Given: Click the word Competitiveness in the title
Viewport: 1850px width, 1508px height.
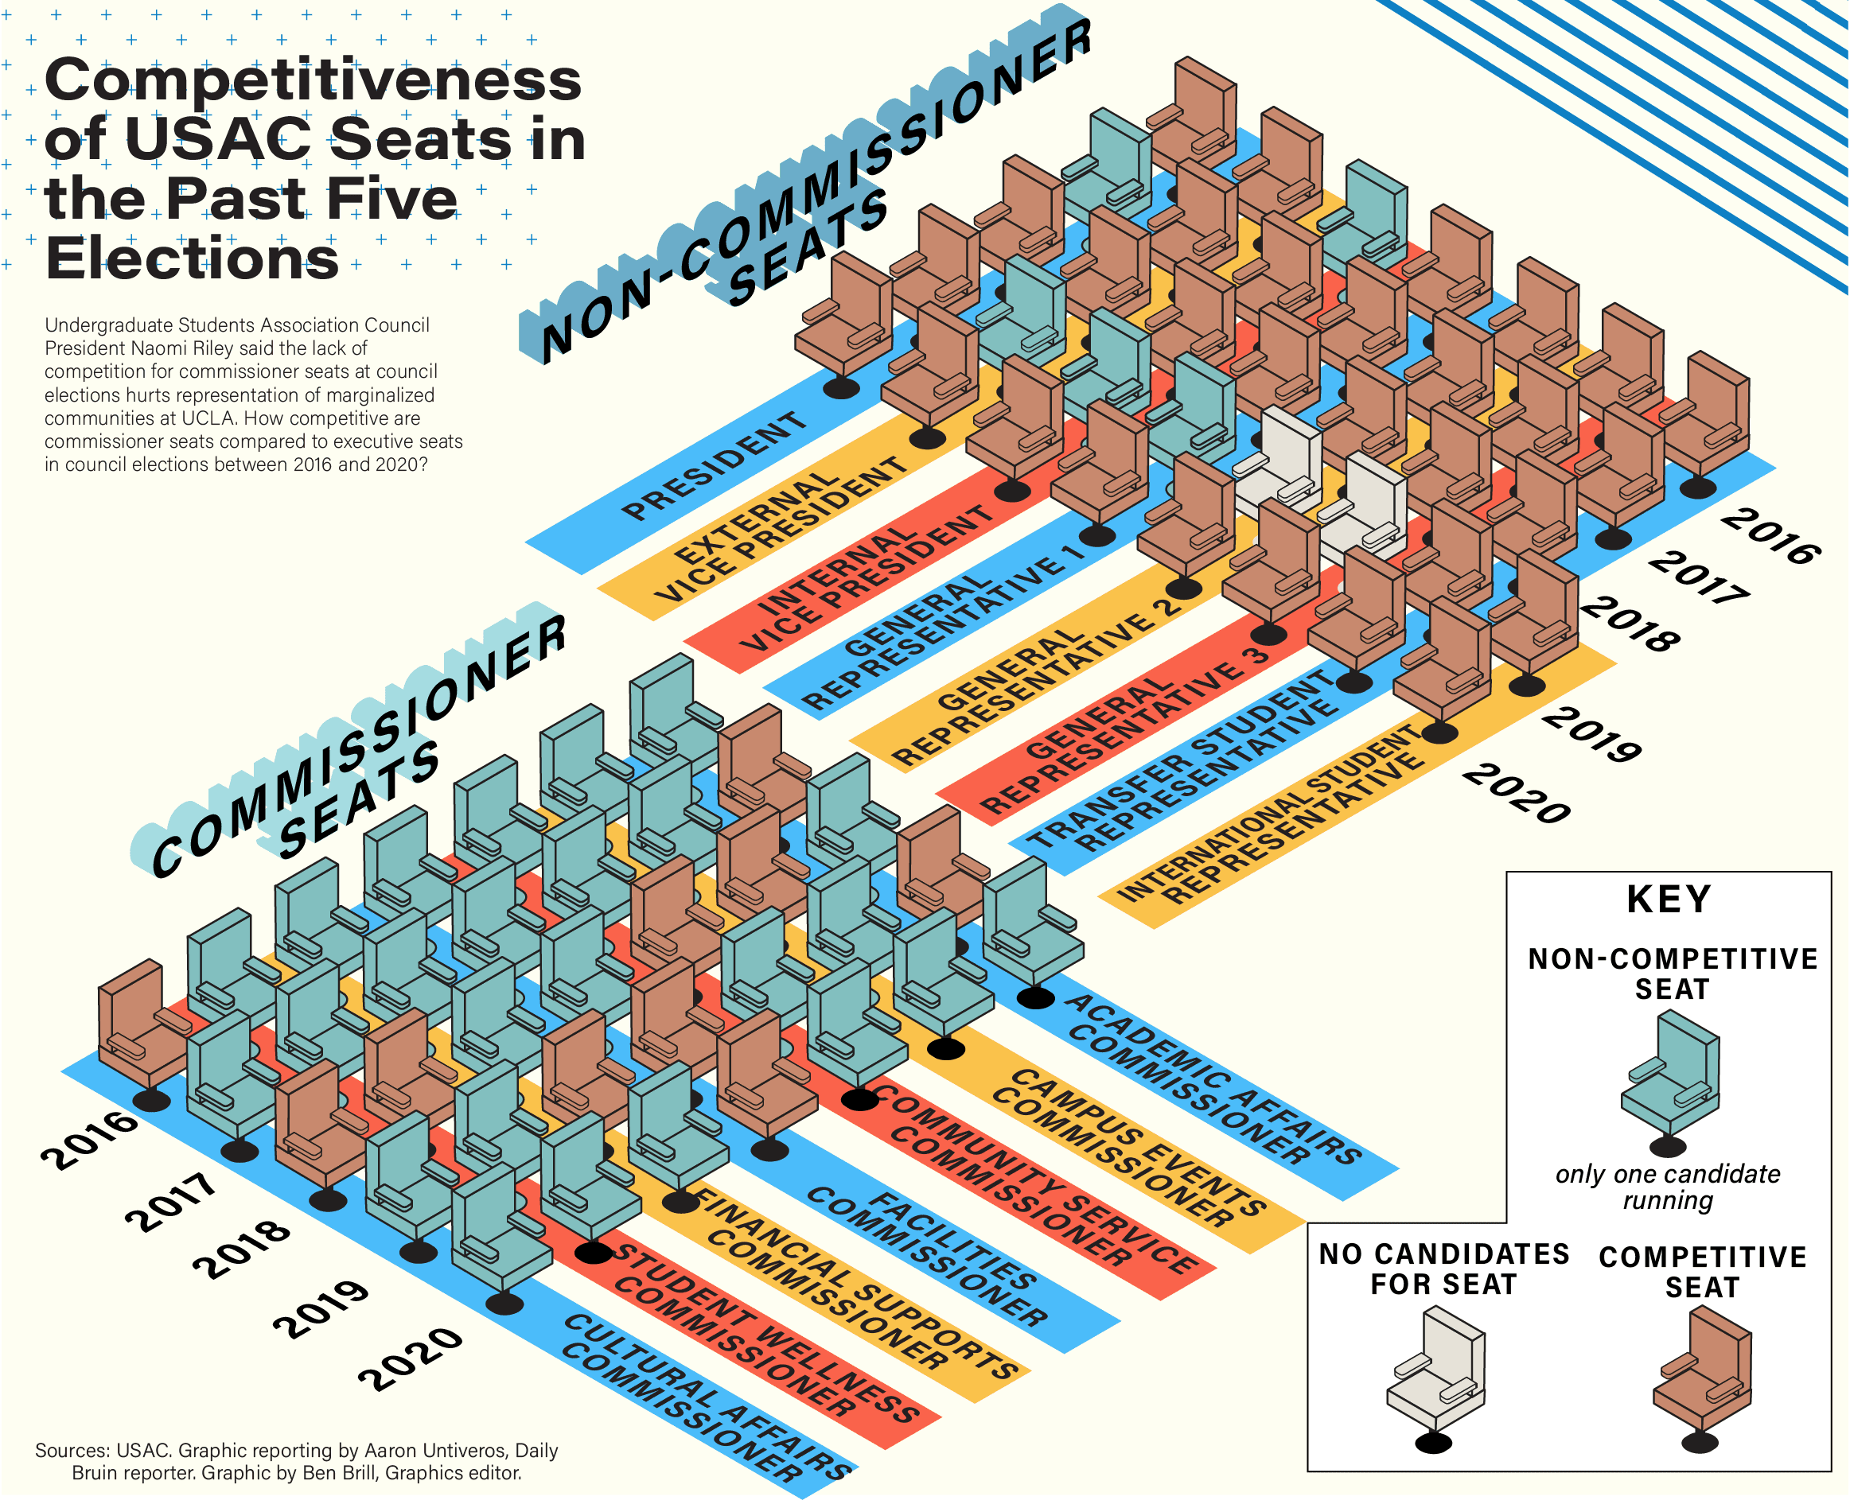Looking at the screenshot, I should point(313,80).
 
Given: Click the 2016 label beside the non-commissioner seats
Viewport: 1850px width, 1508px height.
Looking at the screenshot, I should point(1770,536).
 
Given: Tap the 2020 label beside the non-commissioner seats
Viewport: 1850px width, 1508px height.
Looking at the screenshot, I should point(1517,792).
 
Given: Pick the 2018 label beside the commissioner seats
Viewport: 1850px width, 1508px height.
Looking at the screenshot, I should point(242,1248).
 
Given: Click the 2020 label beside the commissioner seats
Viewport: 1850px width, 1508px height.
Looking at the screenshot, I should point(410,1358).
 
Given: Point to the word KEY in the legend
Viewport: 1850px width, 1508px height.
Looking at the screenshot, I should point(1669,899).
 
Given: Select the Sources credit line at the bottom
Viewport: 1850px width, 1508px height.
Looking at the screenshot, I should point(296,1461).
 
